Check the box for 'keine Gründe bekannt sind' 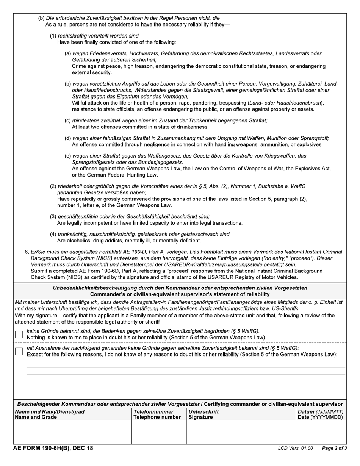19,334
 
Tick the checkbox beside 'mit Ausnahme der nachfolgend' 19,351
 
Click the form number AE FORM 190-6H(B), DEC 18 53,448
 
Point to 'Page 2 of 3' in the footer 334,449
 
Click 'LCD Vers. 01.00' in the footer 295,449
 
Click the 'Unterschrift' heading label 203,412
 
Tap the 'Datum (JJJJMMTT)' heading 321,412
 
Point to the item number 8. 27,252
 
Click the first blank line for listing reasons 186,367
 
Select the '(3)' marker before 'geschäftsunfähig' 53,217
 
